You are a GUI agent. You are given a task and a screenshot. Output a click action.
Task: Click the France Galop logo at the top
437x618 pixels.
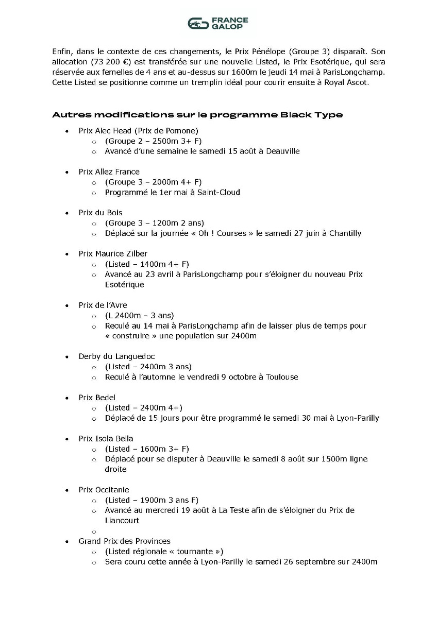(218, 23)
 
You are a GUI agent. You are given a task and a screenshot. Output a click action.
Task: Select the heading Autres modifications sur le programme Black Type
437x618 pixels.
(197, 115)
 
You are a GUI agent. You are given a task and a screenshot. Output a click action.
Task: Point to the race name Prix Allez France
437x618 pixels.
(109, 171)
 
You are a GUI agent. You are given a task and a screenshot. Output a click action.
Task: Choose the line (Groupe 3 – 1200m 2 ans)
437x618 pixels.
(154, 223)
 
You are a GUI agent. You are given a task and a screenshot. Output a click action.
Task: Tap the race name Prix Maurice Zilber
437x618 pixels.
(113, 253)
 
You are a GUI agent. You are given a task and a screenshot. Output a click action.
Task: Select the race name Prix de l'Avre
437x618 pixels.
(103, 305)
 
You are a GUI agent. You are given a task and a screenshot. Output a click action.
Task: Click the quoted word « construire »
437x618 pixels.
(133, 336)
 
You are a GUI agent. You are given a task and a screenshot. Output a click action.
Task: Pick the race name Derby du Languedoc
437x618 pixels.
(116, 356)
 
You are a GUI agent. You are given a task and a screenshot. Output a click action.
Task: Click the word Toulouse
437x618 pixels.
(282, 377)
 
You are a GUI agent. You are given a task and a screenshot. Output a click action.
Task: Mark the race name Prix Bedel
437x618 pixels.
(97, 398)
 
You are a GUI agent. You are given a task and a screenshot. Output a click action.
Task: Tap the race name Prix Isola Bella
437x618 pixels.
(106, 439)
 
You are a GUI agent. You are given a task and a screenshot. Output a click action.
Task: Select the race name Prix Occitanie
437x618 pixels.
(104, 490)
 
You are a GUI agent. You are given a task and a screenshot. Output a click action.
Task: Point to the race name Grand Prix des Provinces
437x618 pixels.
(125, 541)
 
